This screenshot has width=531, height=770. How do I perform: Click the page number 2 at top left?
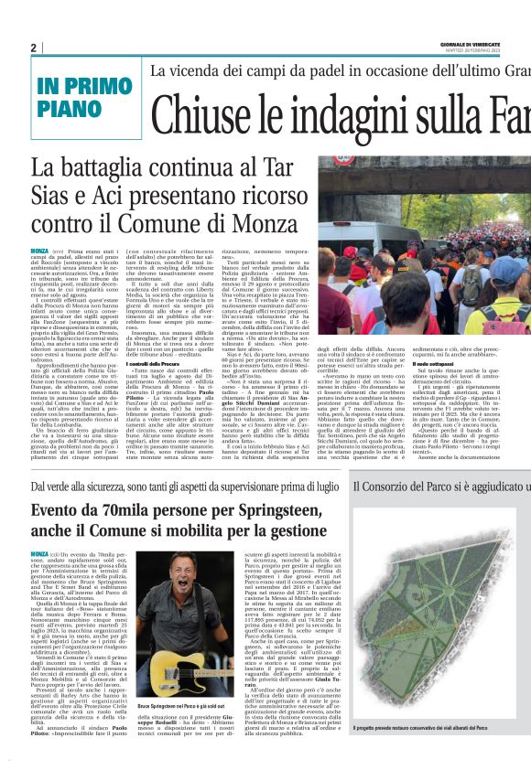(x=33, y=48)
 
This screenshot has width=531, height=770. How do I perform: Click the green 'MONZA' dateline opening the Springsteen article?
(x=39, y=554)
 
